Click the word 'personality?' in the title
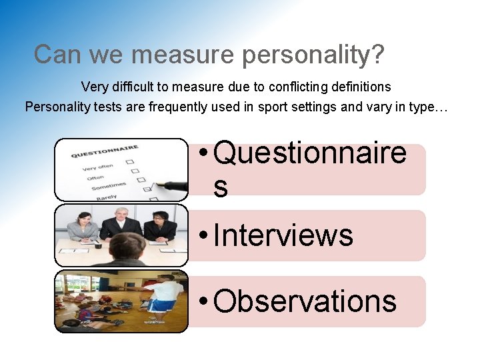tap(313, 55)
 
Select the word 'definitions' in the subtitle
tap(359, 87)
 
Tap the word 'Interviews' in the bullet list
tap(283, 235)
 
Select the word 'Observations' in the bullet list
tap(305, 301)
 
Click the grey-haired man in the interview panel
tap(120, 223)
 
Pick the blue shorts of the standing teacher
tap(157, 305)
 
